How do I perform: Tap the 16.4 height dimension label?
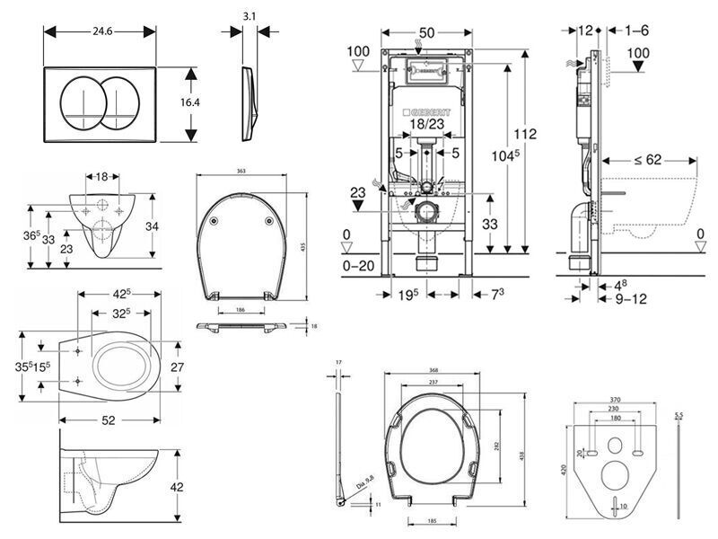189,102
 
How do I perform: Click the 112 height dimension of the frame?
525,134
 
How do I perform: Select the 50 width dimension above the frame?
427,31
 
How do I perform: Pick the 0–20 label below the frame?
359,266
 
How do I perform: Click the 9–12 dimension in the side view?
634,297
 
